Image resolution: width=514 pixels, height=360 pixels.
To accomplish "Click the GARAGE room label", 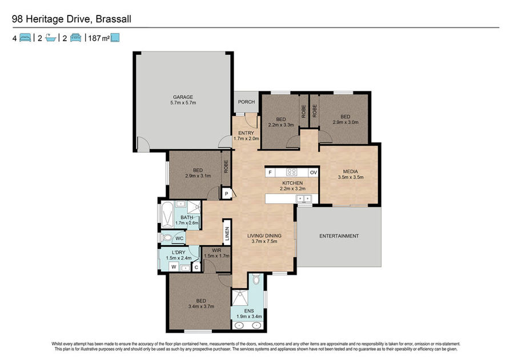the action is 183,97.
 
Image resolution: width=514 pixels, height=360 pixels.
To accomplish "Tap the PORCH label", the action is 247,102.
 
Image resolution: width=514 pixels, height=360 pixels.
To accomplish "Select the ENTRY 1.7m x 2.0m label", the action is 246,136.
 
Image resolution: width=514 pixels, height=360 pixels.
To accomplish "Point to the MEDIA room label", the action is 351,171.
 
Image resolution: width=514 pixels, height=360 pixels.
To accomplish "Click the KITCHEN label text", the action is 292,183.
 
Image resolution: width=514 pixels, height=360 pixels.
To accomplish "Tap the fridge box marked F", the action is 270,173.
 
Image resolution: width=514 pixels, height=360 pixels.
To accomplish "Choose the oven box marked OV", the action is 314,173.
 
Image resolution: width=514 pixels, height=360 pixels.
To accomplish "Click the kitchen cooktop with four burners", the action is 291,172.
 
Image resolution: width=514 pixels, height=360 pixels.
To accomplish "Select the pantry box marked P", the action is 227,194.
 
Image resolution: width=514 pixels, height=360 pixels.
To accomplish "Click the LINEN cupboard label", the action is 227,234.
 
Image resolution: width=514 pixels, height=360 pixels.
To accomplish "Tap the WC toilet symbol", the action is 167,238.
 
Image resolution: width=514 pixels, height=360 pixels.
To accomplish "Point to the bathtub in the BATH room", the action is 167,215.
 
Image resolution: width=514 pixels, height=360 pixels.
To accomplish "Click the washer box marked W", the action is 174,267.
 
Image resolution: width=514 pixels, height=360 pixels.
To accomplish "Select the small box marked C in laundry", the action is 196,267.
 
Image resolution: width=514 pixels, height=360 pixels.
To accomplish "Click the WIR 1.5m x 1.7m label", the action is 216,253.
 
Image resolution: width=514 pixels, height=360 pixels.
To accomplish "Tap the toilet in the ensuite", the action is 256,279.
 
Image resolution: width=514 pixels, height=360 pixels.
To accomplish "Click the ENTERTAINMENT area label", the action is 339,236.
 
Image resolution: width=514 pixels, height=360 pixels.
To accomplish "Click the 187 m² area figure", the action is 99,38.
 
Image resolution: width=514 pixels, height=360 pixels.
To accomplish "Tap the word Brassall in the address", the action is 114,19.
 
